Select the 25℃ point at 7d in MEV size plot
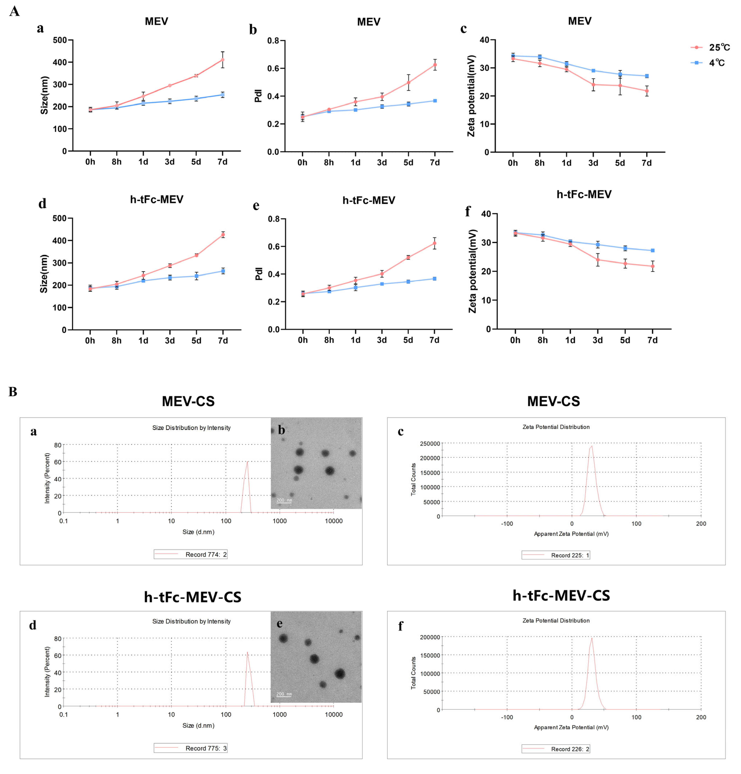222,60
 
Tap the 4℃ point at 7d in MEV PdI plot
435,101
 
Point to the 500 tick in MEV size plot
60,40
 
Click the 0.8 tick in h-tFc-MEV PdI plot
273,219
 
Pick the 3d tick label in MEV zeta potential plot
593,163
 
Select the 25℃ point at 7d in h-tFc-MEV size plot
223,235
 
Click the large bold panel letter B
13,392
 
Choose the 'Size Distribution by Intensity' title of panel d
191,621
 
